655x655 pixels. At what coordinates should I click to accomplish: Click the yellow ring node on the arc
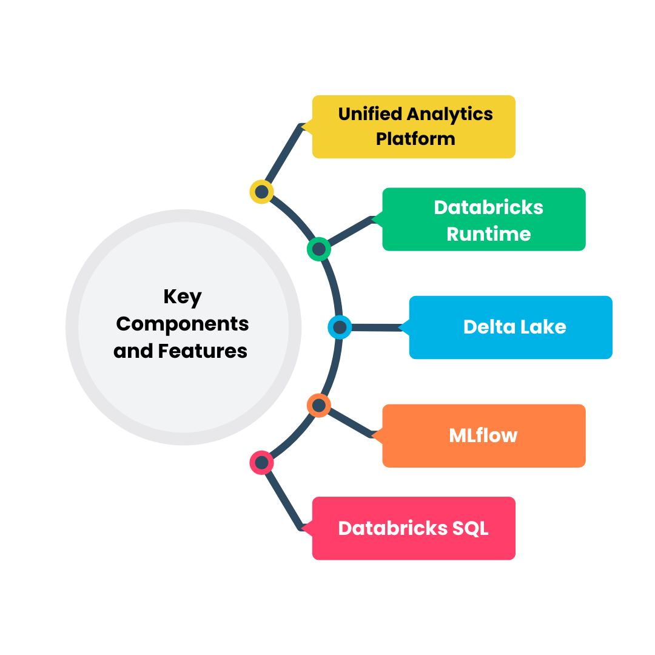pos(261,192)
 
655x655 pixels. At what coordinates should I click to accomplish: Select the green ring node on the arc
pos(318,249)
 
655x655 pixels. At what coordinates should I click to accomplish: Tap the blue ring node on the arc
pos(340,327)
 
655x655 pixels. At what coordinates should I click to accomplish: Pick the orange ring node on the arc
pos(318,405)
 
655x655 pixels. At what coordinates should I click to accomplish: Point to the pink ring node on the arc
pos(261,463)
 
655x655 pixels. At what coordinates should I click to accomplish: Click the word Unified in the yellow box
pos(371,114)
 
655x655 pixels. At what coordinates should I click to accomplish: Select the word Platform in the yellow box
pos(415,139)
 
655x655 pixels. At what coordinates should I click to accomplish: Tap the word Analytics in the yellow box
pos(450,114)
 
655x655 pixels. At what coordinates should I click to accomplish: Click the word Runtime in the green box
pos(488,233)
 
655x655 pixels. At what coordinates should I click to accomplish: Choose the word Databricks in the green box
pos(488,207)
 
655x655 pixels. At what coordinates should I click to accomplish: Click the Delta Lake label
pos(514,327)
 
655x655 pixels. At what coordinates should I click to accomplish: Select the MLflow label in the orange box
pos(483,435)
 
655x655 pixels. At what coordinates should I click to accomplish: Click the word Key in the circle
pos(182,298)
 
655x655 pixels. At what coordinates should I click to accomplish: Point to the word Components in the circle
pos(182,324)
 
